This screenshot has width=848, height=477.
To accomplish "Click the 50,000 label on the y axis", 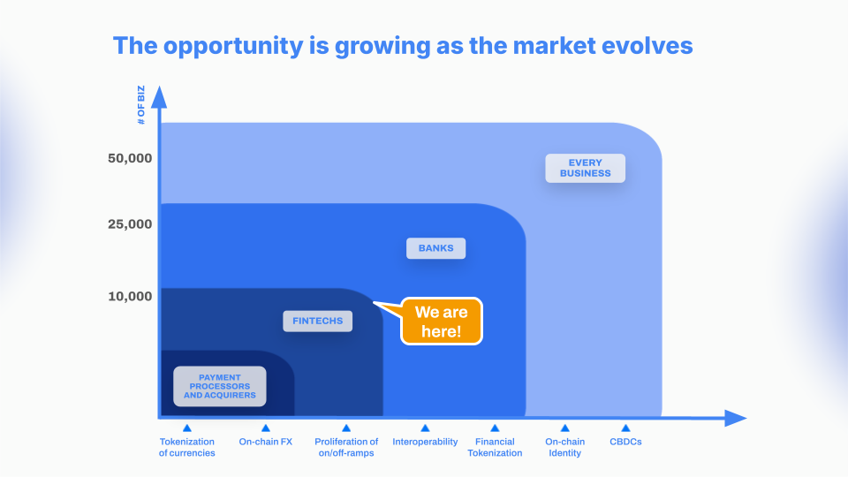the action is click(130, 158).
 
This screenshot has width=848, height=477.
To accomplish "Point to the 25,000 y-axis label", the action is click(130, 224).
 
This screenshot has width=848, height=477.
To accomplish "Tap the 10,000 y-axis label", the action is click(130, 297).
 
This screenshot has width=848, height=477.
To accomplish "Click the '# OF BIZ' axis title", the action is click(141, 105).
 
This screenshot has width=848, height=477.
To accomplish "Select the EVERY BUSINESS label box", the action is click(585, 168).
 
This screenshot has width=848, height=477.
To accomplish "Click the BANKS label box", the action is click(435, 248).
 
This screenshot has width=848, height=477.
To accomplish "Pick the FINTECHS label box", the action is click(317, 322).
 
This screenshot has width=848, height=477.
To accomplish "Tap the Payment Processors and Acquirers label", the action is click(220, 386).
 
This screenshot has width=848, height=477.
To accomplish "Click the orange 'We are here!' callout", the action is click(441, 322).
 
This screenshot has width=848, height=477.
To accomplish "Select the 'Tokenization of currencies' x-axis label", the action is click(186, 447).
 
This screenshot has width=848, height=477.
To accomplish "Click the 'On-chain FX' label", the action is click(266, 442).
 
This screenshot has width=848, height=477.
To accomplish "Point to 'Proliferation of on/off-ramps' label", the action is click(346, 447).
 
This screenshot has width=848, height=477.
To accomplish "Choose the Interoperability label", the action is click(425, 442).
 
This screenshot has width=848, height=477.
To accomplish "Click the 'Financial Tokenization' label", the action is click(495, 447).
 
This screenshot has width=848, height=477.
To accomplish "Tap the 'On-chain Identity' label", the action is click(564, 447).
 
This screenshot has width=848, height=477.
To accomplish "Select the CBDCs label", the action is click(625, 442).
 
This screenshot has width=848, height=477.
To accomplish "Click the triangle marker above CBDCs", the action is click(625, 428).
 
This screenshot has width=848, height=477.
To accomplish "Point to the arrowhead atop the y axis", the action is click(159, 97).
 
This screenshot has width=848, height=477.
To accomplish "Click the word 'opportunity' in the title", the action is click(233, 47).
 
